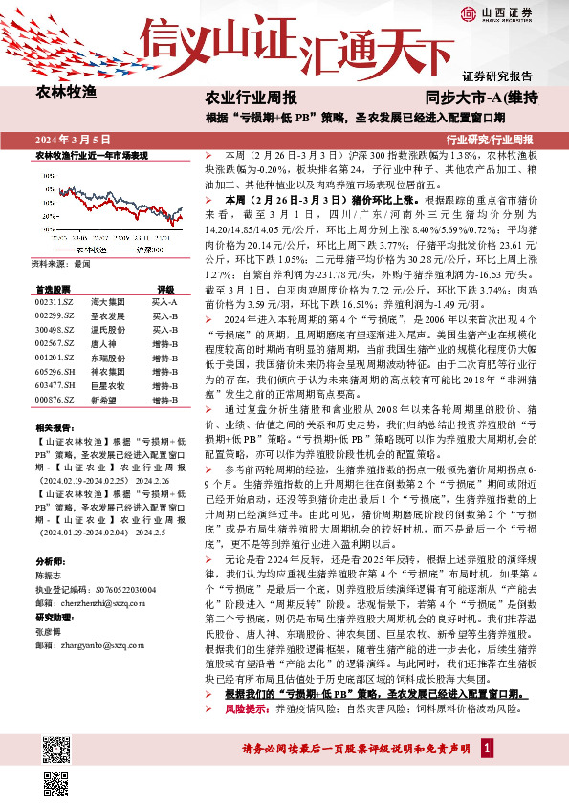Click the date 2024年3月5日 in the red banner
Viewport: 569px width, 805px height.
pos(74,139)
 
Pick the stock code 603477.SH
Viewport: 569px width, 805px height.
pos(52,386)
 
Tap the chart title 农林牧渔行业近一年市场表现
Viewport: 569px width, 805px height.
pos(91,154)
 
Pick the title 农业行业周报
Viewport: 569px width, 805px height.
pos(252,98)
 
